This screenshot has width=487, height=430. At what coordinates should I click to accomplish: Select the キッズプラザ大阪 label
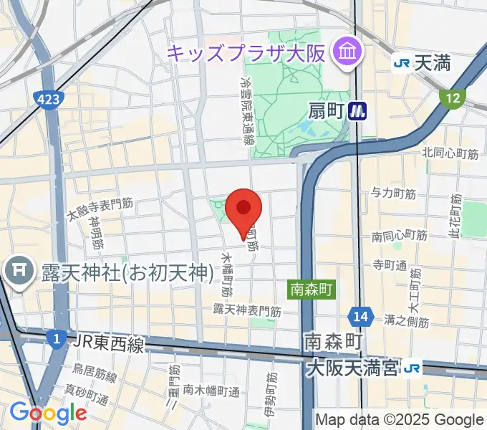247,52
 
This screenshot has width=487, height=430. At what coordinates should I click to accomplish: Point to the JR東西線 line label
107,345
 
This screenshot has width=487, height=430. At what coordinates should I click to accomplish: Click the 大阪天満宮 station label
351,368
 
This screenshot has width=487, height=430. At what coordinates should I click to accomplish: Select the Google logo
48,413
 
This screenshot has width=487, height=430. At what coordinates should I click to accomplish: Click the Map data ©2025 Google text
400,420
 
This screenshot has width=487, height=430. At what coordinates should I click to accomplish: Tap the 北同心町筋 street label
450,153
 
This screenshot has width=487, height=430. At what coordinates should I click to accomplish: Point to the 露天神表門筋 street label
246,310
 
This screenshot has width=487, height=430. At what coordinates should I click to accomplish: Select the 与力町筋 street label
394,193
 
